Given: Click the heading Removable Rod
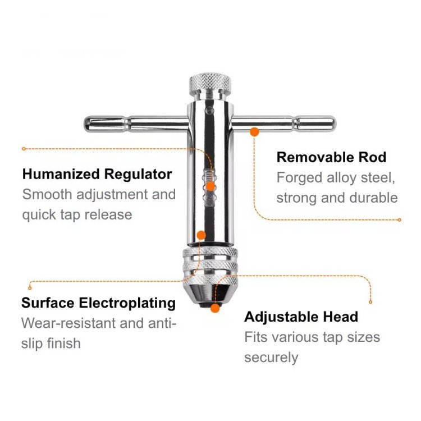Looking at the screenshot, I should click(x=331, y=157).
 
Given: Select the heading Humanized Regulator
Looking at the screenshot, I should click(x=97, y=174).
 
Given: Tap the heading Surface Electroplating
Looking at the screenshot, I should click(x=98, y=303).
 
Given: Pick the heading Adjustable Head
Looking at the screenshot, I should click(x=301, y=317).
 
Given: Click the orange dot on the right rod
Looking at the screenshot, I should click(x=254, y=132).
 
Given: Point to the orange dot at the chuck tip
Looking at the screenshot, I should click(x=214, y=307).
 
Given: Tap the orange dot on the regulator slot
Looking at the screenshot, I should click(x=210, y=186).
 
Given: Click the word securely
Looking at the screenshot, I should click(x=271, y=358).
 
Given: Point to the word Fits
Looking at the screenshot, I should click(x=256, y=337).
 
